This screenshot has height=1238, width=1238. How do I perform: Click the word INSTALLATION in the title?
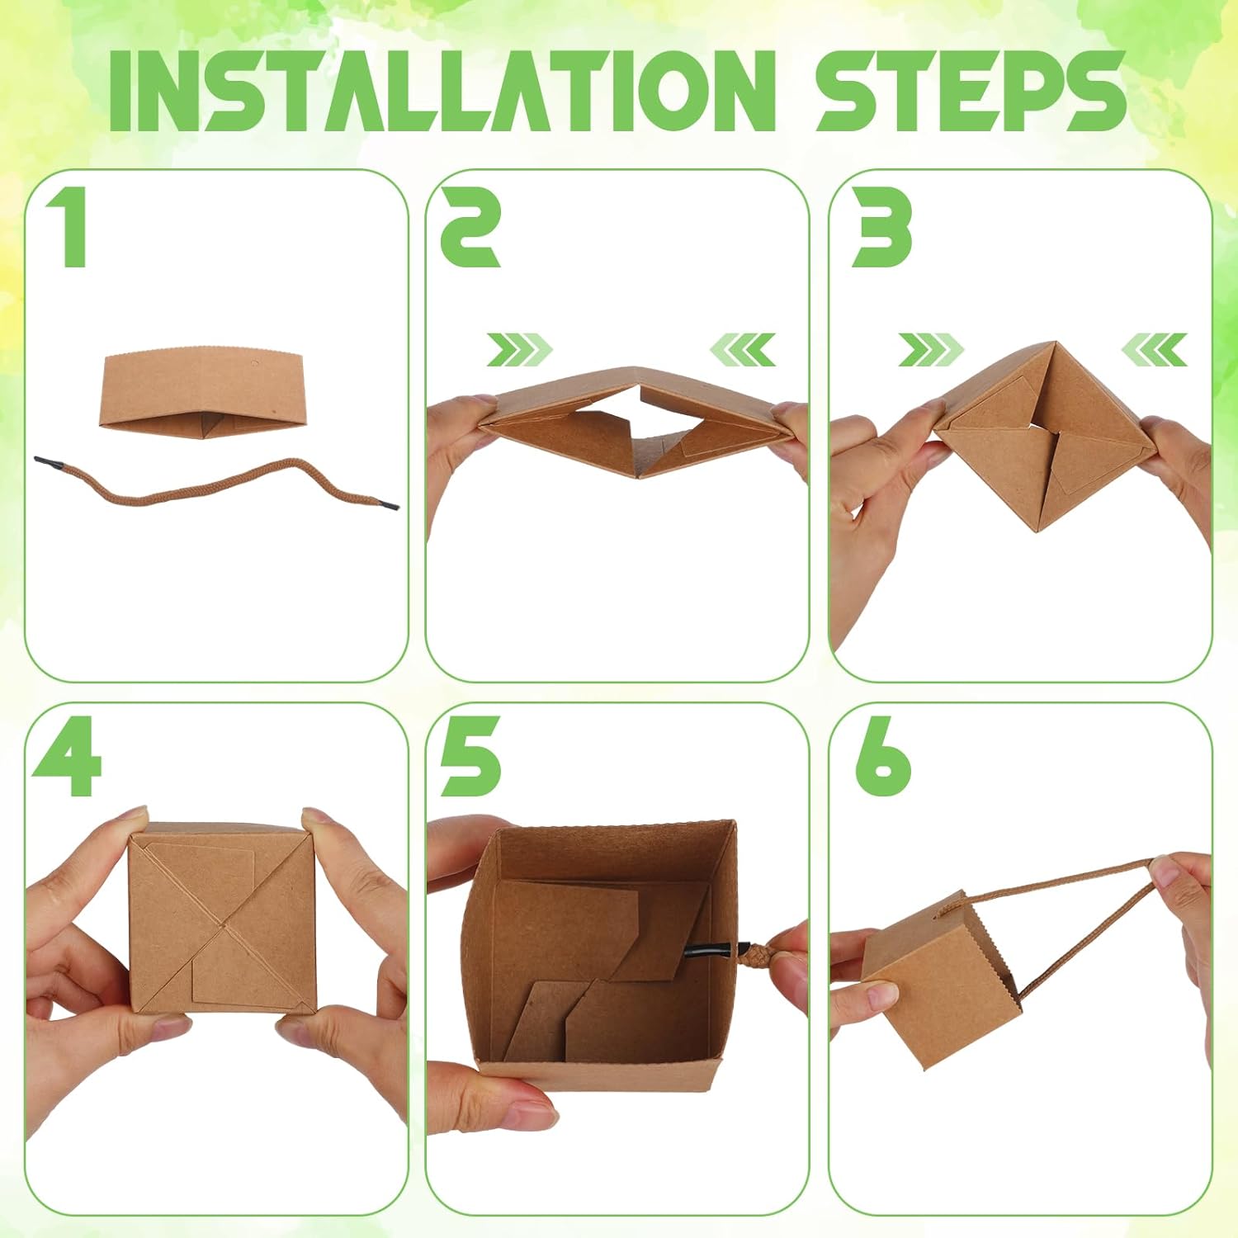point(442,91)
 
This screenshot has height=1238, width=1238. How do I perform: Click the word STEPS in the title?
point(971,91)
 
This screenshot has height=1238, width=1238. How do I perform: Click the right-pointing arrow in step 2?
point(518,350)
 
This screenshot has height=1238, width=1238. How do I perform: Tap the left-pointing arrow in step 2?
point(743,350)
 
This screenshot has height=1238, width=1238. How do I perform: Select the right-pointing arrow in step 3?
point(930,350)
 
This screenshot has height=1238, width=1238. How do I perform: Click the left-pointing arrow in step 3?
point(1154,350)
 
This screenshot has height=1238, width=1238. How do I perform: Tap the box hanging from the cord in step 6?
point(941,982)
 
